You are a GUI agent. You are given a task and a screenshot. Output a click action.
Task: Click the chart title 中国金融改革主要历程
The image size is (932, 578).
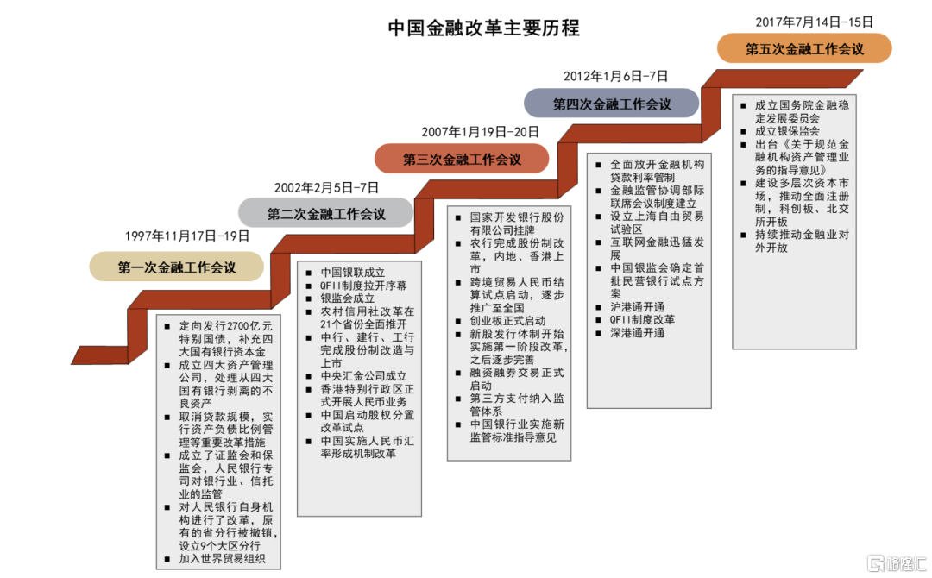coord(483,28)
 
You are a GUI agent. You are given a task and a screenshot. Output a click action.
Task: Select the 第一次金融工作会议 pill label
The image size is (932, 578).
coord(177,267)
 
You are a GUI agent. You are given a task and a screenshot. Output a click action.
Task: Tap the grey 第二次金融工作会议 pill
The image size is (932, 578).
coord(325,214)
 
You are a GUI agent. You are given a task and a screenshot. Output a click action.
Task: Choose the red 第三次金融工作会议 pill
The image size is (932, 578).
coord(462,160)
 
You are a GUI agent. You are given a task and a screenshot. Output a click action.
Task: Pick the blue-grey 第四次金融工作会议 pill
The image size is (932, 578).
coord(612,104)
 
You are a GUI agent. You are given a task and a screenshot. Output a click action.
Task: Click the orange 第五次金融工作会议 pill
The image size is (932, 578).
coord(805,48)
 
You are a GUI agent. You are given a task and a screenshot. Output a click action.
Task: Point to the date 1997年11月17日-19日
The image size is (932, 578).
coord(186,236)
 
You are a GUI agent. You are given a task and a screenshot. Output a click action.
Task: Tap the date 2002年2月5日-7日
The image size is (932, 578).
coord(326,188)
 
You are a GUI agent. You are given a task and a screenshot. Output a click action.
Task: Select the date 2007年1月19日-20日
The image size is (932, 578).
coord(481,132)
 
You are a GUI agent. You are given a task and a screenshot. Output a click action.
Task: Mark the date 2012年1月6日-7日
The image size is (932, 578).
coord(616,76)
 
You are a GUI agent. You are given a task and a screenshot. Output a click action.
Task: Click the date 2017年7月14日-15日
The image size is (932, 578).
coord(815,22)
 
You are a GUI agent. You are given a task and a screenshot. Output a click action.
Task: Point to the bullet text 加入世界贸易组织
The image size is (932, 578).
coord(223,559)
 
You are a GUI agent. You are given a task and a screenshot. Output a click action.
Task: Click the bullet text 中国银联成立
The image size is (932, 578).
coord(352,273)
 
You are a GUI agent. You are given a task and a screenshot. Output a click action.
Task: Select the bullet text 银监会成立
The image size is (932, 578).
coord(348,298)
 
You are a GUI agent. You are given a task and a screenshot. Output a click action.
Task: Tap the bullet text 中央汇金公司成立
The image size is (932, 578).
coord(364,376)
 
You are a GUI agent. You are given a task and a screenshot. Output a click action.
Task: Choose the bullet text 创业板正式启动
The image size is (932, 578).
coord(508,321)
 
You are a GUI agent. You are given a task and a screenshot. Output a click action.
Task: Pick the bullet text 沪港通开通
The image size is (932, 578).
coord(637,307)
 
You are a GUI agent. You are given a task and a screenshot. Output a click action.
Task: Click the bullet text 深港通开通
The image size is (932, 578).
coord(637,333)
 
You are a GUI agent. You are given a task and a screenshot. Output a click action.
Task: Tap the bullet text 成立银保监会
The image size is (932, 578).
coord(787,130)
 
